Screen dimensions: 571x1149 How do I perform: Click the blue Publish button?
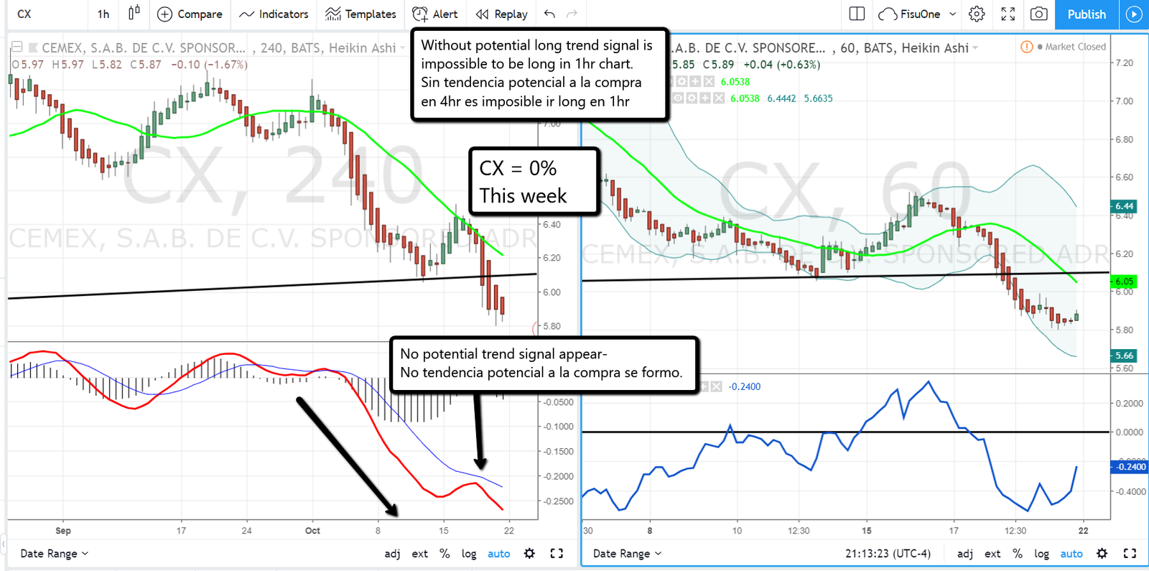(x=1086, y=14)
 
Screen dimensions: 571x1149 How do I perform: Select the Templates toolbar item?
(x=360, y=14)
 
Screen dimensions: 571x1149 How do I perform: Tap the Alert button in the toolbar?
(x=435, y=14)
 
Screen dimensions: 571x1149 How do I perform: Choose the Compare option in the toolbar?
(x=190, y=14)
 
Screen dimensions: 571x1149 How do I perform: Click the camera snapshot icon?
(x=1038, y=14)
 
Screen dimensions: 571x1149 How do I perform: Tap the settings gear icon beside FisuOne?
(x=977, y=14)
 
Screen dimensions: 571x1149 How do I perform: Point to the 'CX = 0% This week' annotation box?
(x=534, y=182)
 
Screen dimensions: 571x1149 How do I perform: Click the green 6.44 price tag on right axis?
(x=1124, y=206)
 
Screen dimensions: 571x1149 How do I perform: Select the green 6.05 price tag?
(x=1124, y=282)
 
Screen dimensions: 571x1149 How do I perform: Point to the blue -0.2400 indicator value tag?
(x=1130, y=467)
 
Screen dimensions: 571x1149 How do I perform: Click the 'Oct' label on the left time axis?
(x=312, y=531)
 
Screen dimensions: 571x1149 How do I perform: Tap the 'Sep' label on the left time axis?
(x=63, y=531)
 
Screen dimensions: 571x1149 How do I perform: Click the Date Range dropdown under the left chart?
(x=54, y=554)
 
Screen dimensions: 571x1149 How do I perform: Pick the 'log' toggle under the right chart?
(x=1041, y=554)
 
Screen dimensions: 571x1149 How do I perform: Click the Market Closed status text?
(x=1075, y=47)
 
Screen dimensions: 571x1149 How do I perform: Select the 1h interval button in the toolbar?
(x=103, y=14)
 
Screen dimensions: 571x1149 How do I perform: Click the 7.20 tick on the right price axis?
(x=1124, y=63)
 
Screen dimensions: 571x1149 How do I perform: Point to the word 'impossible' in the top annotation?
(x=453, y=64)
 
